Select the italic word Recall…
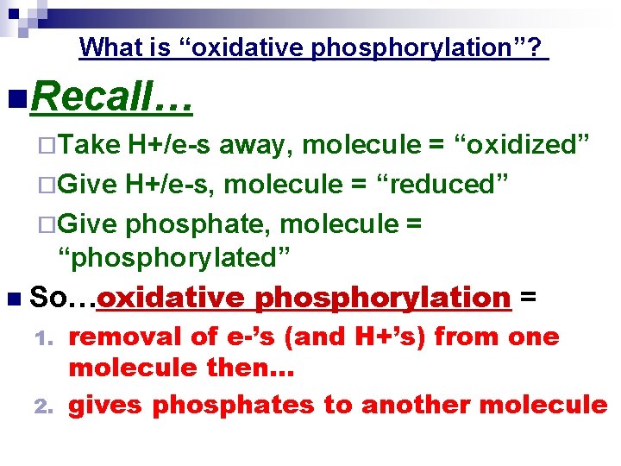click(x=110, y=100)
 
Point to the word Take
click(x=90, y=144)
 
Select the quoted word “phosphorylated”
click(x=174, y=256)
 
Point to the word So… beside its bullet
click(x=61, y=298)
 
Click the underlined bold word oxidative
click(x=172, y=298)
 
